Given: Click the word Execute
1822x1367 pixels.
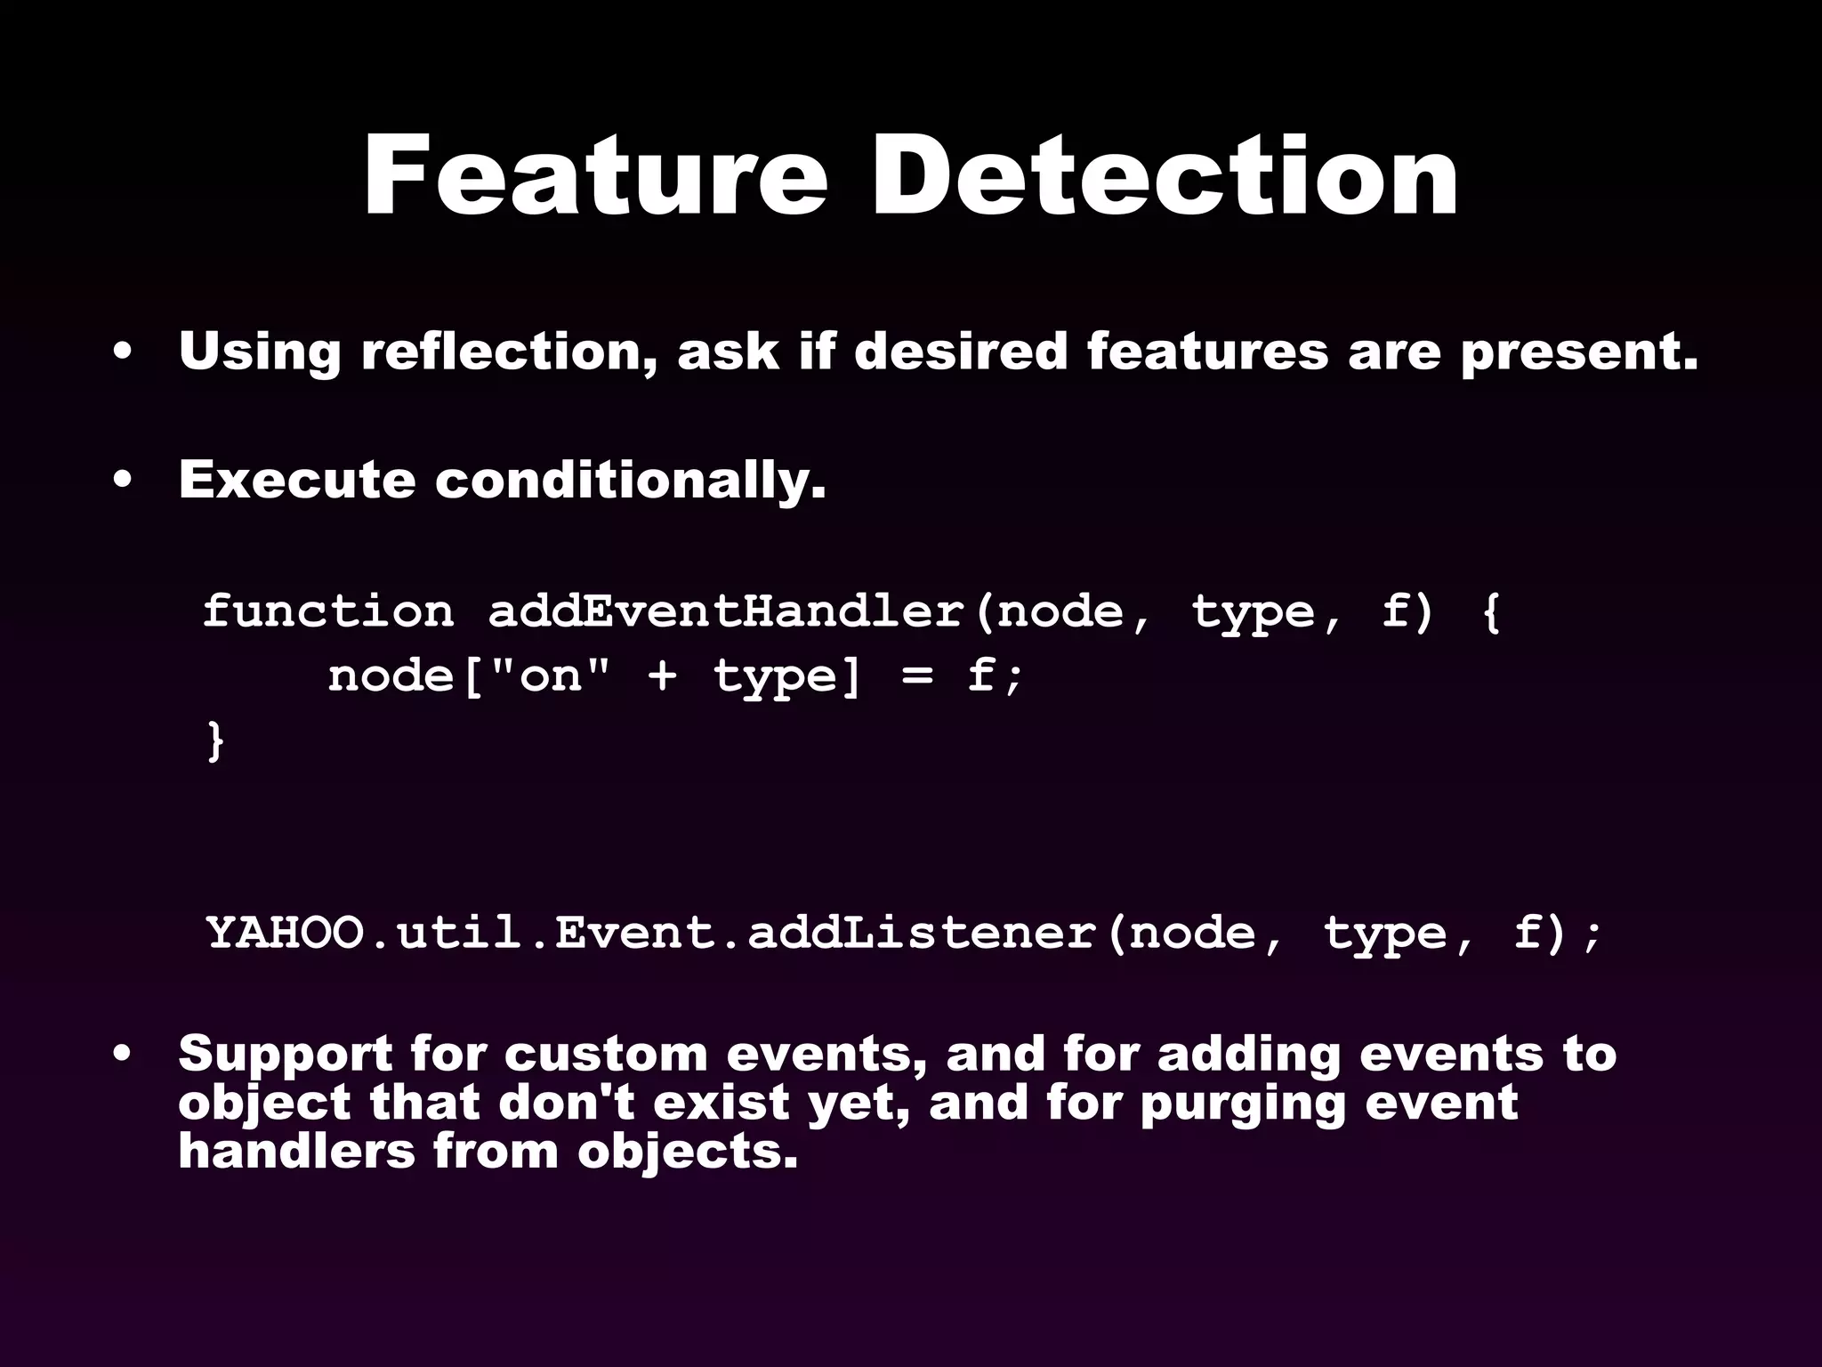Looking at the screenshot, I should tap(296, 480).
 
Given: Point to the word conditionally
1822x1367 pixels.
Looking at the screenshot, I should tap(630, 481).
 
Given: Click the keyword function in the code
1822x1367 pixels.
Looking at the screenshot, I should tap(328, 611).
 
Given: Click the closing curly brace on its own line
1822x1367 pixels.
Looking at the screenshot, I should tap(214, 741).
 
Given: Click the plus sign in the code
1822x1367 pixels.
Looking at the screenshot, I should tap(662, 676).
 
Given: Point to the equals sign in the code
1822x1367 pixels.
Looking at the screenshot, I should tap(916, 676).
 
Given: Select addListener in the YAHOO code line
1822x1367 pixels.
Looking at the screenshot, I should tap(922, 933).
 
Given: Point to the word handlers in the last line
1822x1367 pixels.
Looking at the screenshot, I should tap(296, 1151).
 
